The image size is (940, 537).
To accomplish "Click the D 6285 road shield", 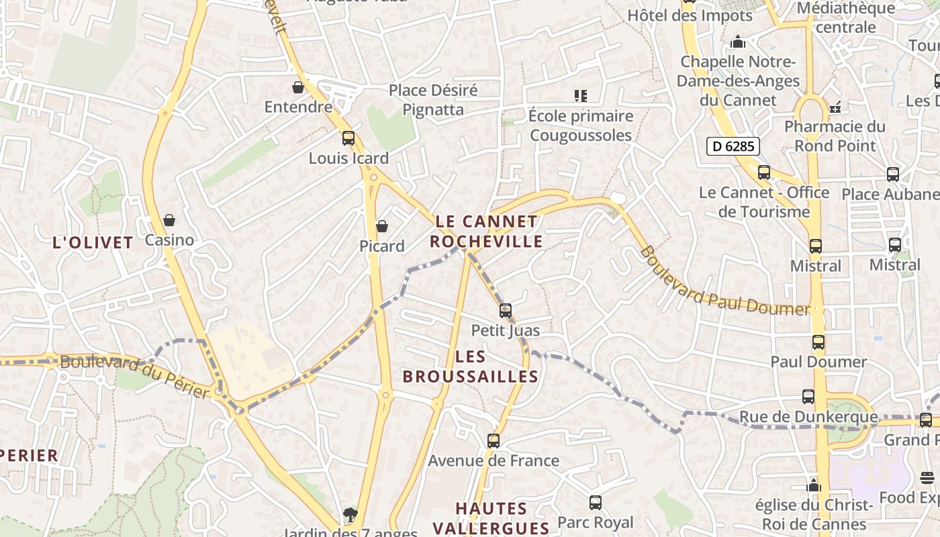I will coord(733,146).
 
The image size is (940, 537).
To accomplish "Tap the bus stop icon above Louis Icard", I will coord(348,138).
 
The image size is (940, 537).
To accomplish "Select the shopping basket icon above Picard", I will coord(382,226).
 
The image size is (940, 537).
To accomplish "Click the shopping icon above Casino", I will coord(169,219).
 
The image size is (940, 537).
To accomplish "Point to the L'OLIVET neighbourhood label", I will coord(93,242).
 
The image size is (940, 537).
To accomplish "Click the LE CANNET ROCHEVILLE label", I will coord(486,231).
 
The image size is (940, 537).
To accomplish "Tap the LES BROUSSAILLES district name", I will coord(470,367).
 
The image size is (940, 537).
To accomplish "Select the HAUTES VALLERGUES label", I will coord(491,518).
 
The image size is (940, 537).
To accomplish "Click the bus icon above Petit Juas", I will coord(505,311).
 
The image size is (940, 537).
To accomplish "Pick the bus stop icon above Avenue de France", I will coord(493,441).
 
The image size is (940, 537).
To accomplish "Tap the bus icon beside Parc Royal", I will coord(595,502).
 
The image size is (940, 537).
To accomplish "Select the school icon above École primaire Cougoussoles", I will coord(581,96).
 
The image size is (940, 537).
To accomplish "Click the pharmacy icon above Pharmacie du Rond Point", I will coord(835,107).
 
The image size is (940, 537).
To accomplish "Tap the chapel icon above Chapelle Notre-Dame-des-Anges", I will coord(738,42).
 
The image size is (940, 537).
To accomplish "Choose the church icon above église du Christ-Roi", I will coord(814,485).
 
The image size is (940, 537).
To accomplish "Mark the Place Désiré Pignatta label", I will coord(433,99).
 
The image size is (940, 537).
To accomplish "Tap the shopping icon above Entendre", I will coord(298,87).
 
